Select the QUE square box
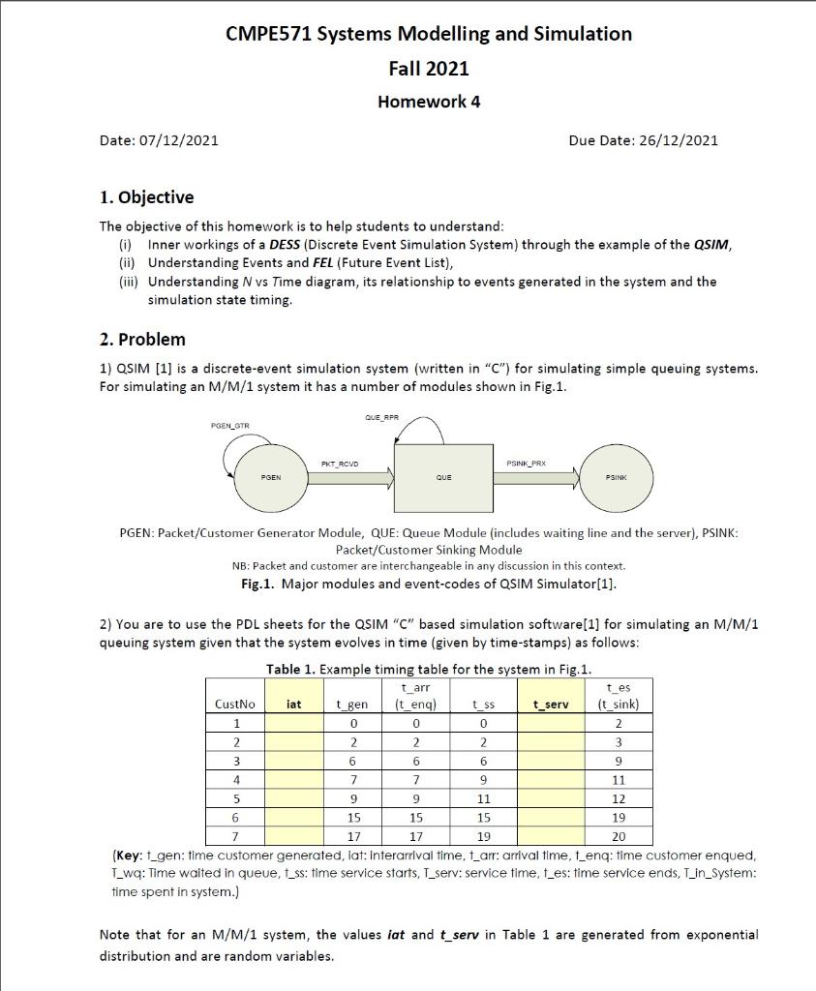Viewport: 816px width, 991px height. pyautogui.click(x=443, y=477)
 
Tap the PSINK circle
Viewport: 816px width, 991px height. pyautogui.click(x=616, y=477)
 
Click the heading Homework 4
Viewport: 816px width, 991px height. pyautogui.click(x=428, y=102)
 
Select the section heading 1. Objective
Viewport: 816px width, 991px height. pyautogui.click(x=147, y=197)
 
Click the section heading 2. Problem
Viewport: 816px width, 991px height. pyautogui.click(x=142, y=339)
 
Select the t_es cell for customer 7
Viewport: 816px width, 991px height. pyautogui.click(x=620, y=836)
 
